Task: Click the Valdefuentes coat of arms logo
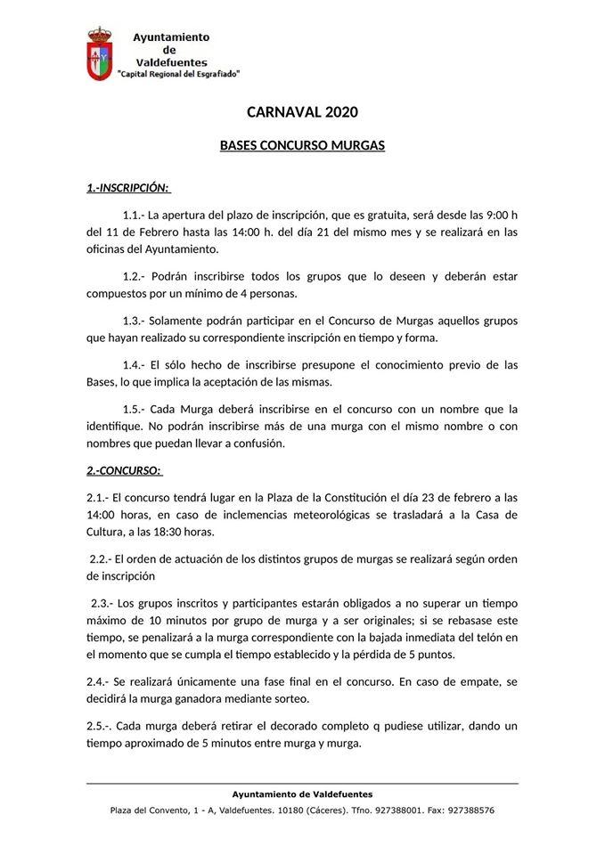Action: coord(99,54)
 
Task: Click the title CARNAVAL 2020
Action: coord(302,112)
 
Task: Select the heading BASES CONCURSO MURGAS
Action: coord(302,144)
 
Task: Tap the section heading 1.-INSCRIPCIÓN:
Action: coord(128,188)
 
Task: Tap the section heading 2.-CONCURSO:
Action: coord(124,469)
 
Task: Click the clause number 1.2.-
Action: coord(139,276)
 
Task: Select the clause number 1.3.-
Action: coord(139,320)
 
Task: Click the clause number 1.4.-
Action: coord(139,364)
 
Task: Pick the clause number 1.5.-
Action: coord(139,409)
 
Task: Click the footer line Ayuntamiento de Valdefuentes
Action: coord(302,794)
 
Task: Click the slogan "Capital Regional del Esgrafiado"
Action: coord(179,75)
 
